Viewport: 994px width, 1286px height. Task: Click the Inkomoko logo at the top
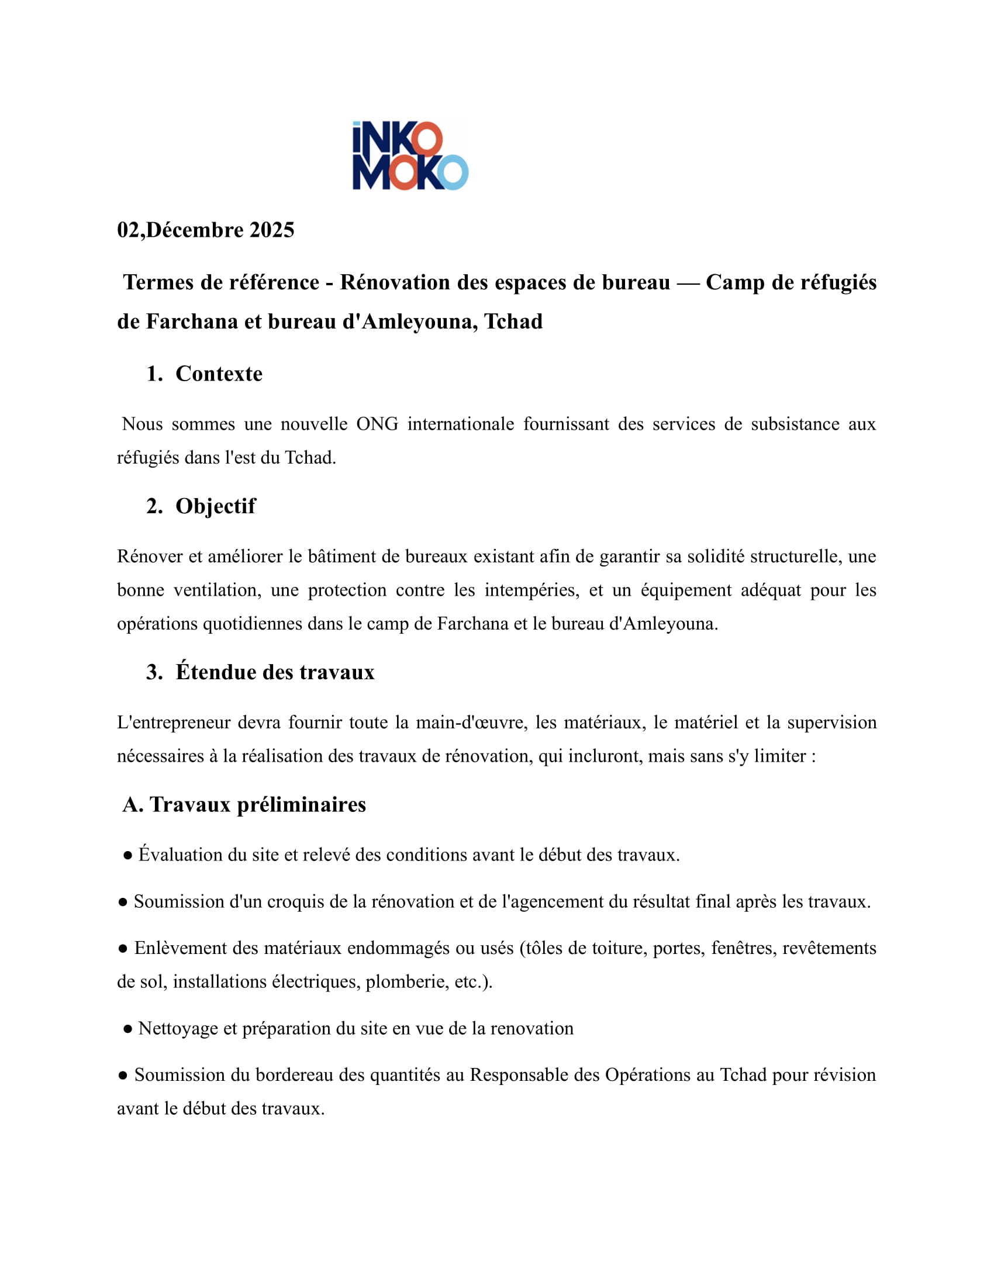coord(410,155)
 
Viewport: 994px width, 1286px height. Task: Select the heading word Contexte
coord(219,374)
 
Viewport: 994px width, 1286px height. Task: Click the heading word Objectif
coord(216,506)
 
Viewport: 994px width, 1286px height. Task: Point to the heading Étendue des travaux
coord(275,672)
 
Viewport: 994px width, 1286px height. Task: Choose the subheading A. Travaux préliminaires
coord(244,804)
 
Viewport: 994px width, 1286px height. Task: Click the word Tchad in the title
coord(513,321)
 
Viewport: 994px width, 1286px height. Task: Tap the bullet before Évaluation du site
coord(128,856)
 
